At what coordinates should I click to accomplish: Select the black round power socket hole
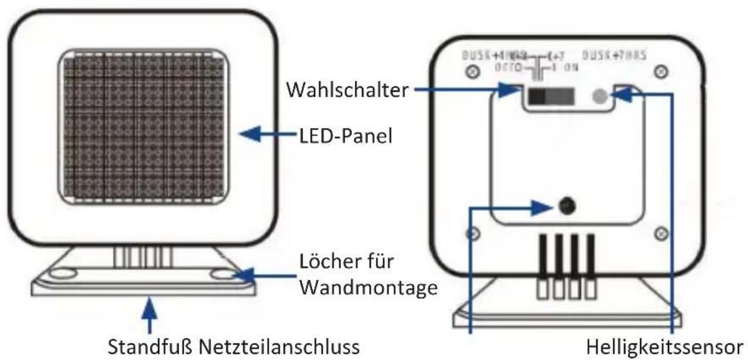click(x=567, y=205)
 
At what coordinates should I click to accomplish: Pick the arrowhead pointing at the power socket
click(x=548, y=205)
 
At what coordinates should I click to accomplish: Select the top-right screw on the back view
click(x=661, y=71)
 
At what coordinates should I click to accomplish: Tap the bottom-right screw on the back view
click(x=661, y=233)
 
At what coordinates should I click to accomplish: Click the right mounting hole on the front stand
click(x=223, y=275)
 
